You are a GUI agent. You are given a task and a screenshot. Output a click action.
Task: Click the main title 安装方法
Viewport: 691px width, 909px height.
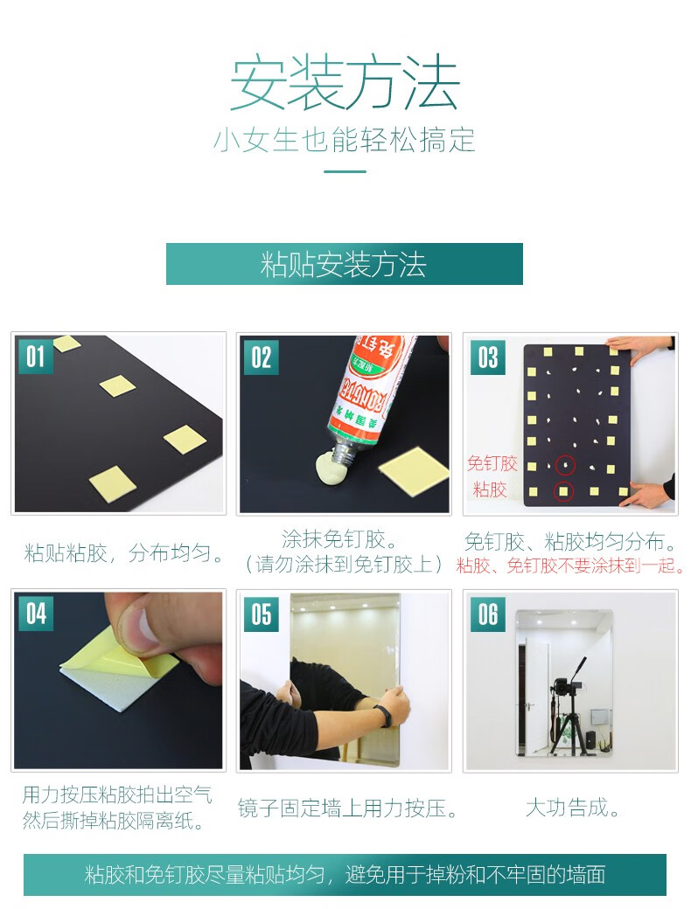(345, 82)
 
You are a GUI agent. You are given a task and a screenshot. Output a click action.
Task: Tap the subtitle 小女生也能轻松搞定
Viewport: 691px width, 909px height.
(345, 141)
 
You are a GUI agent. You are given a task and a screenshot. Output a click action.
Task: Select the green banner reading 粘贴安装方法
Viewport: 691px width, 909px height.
(344, 264)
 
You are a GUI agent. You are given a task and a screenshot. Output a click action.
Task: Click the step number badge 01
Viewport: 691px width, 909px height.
(35, 357)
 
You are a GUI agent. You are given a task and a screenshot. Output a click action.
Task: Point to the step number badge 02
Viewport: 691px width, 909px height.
(261, 357)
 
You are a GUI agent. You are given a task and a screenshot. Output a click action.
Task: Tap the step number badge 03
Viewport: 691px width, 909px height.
(487, 357)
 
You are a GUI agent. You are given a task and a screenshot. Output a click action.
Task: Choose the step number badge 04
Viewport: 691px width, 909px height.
(36, 614)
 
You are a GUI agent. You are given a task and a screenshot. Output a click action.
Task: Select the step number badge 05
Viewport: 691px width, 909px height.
(261, 614)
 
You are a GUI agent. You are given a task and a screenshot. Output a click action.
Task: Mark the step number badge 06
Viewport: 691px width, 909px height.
(487, 614)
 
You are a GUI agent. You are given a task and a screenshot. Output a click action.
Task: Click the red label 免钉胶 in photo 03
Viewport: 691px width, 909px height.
(492, 463)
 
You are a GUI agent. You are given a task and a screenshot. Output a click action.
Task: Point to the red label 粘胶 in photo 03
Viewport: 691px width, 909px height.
(490, 489)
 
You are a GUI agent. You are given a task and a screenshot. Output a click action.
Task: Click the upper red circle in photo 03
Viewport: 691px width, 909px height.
(565, 464)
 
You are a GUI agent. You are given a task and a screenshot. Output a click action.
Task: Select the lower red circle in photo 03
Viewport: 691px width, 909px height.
(562, 491)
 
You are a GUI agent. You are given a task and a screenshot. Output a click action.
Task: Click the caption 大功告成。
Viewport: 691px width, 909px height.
(572, 808)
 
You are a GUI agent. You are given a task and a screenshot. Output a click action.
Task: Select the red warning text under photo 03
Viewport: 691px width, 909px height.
(570, 566)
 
